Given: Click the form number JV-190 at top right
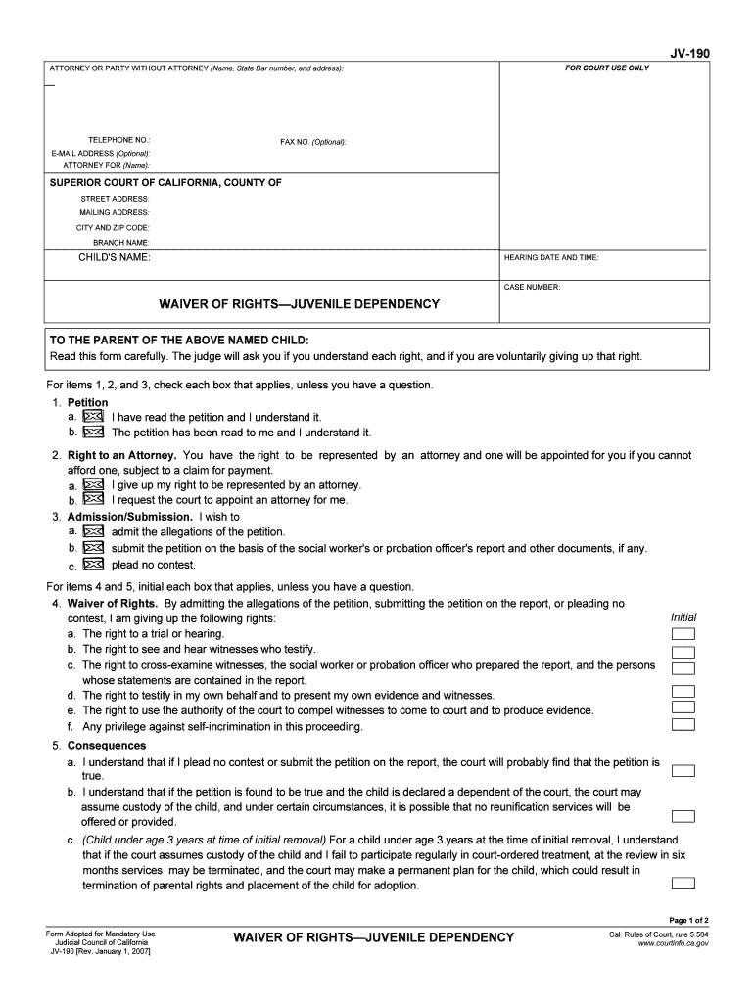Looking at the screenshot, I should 689,55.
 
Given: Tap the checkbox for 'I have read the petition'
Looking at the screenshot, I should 93,417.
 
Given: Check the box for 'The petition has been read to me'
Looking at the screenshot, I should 93,432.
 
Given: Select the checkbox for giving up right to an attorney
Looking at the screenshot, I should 93,484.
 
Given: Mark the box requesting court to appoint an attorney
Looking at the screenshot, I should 93,499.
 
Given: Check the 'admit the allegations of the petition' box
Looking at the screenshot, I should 93,531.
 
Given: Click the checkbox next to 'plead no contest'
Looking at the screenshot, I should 93,565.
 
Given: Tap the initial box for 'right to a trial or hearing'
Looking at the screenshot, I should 683,634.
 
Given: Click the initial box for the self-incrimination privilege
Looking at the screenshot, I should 683,725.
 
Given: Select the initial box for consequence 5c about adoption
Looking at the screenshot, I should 683,884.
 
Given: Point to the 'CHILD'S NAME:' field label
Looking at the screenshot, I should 115,257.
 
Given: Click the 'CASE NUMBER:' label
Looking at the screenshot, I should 532,288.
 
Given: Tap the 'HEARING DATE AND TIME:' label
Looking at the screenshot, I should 550,258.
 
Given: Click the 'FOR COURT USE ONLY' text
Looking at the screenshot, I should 606,68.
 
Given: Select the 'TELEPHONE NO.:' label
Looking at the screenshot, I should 119,141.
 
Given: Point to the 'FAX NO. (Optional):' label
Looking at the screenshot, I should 313,142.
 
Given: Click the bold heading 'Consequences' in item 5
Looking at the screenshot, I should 107,746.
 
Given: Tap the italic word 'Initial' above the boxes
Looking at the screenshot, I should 683,617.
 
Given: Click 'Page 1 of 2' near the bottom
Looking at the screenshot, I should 688,920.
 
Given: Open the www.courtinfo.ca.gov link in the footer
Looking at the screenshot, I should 673,944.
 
